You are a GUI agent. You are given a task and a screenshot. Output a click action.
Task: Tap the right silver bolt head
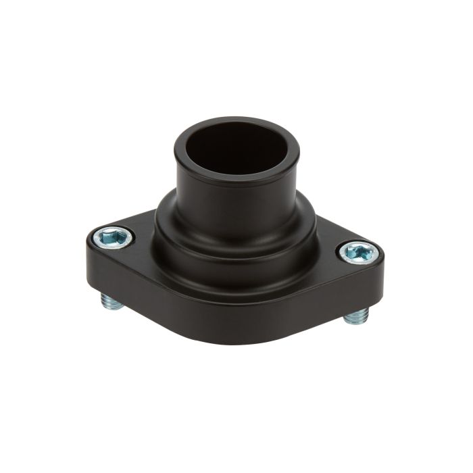(358, 253)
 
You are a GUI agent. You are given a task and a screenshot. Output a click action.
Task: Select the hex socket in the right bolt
(357, 253)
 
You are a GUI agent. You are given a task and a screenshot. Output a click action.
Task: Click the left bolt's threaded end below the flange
(113, 301)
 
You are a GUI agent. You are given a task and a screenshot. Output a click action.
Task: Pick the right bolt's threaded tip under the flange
(356, 316)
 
